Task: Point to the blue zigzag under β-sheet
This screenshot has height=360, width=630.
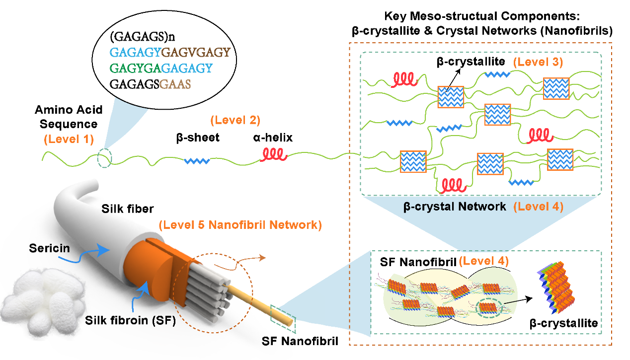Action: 197,161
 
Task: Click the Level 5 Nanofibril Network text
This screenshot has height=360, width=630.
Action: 240,225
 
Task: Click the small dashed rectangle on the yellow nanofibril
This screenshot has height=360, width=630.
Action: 283,318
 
